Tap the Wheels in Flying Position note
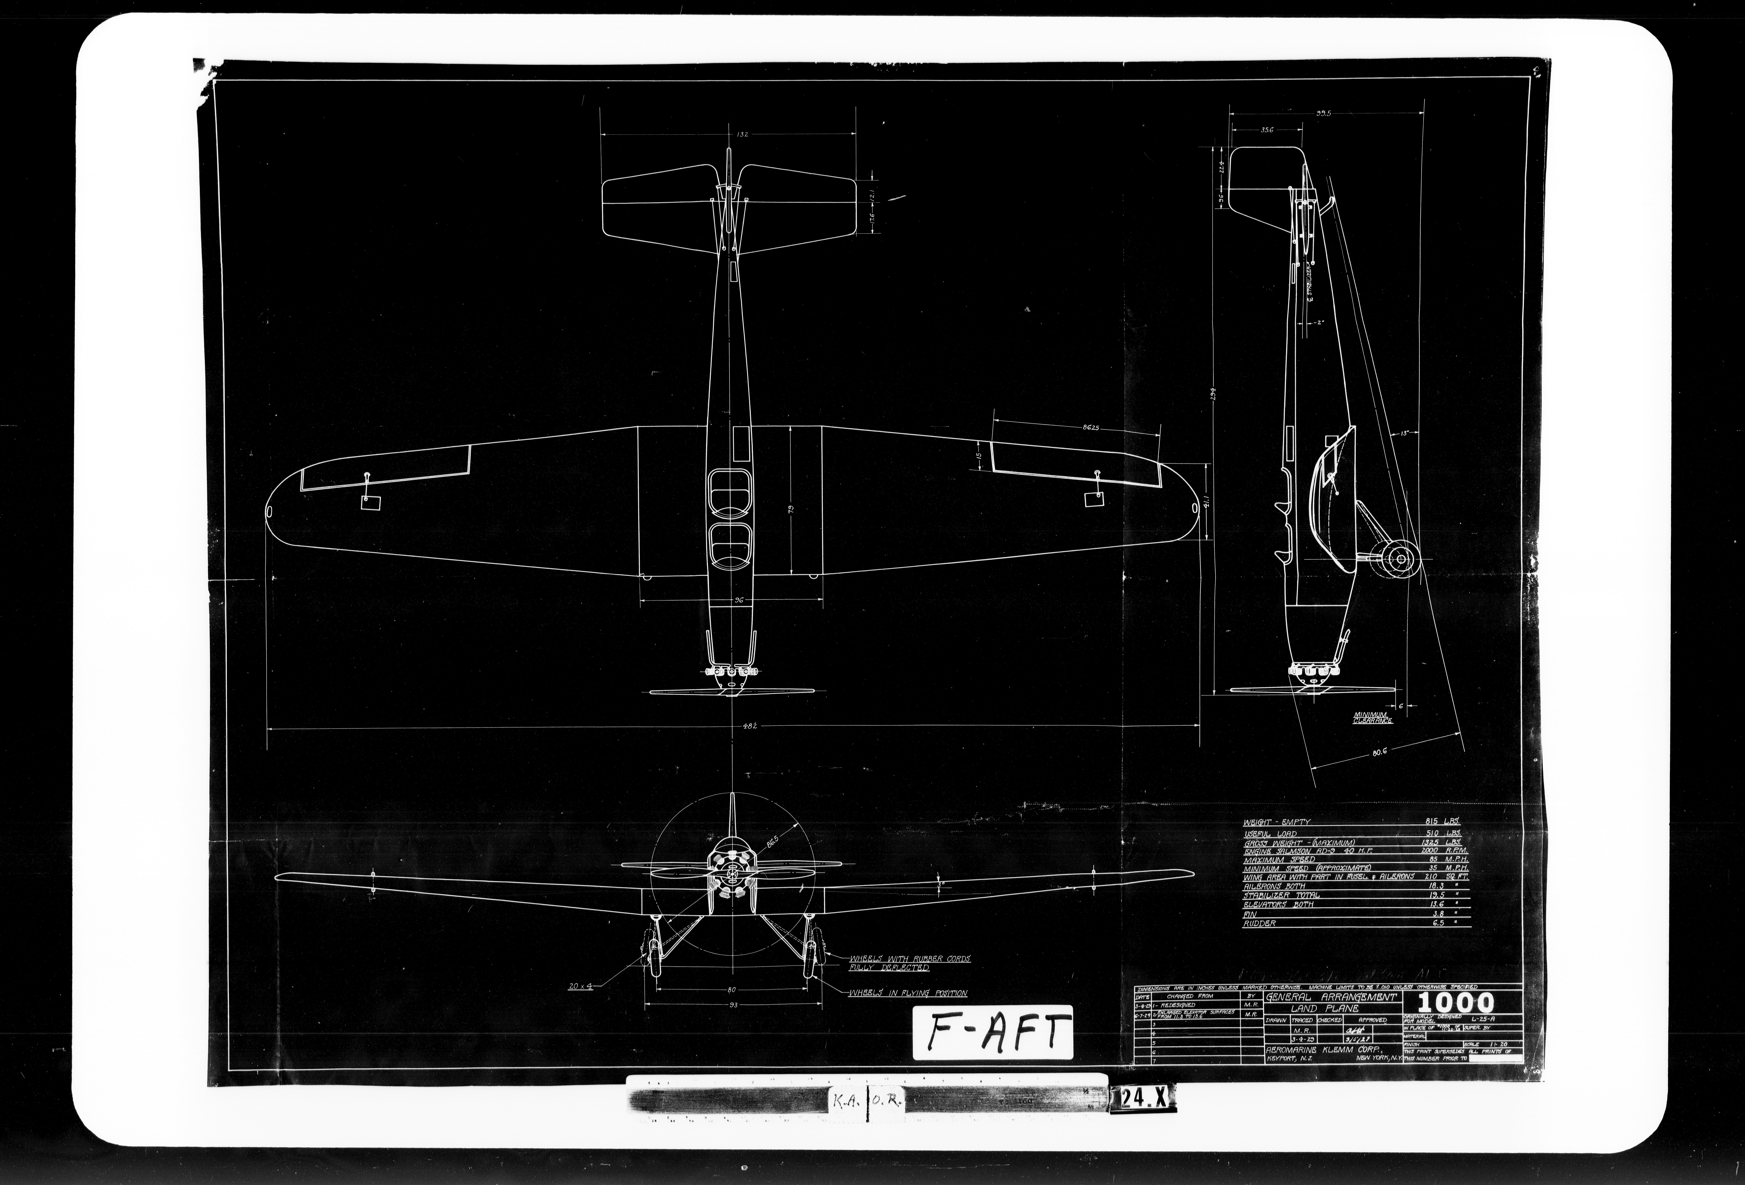click(908, 993)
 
